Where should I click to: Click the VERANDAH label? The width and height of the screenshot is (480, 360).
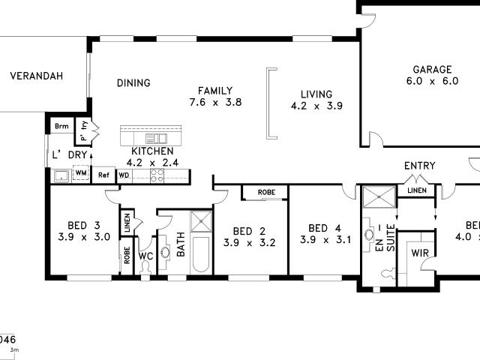pyautogui.click(x=35, y=76)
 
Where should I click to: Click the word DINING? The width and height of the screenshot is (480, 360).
pyautogui.click(x=133, y=83)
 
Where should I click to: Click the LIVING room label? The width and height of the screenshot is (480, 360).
pyautogui.click(x=316, y=94)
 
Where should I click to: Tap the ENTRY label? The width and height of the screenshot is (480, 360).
pyautogui.click(x=419, y=166)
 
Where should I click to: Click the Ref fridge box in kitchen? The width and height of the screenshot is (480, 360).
pyautogui.click(x=103, y=175)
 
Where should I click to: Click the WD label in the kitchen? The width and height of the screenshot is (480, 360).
pyautogui.click(x=124, y=175)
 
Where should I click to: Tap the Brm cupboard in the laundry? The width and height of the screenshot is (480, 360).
pyautogui.click(x=61, y=127)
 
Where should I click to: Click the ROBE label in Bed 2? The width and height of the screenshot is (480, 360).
pyautogui.click(x=265, y=193)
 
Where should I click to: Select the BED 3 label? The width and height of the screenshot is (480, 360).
pyautogui.click(x=83, y=226)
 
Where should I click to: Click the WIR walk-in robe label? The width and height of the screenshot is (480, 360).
pyautogui.click(x=419, y=253)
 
